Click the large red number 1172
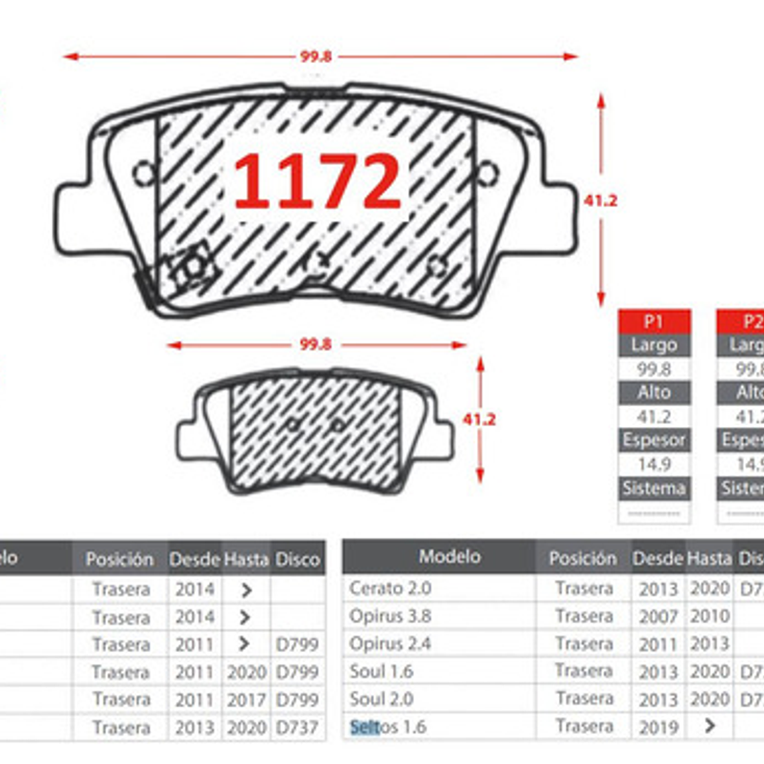317,181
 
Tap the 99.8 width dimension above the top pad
315,56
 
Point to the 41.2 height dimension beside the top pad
600,200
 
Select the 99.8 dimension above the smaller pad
315,344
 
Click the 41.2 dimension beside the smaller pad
479,420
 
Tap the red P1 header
653,322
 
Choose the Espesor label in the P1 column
653,440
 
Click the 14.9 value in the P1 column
653,464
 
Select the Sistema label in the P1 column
653,488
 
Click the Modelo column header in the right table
449,556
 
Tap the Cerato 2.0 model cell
390,588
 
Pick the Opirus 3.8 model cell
390,616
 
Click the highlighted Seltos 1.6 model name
388,726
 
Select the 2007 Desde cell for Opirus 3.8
657,617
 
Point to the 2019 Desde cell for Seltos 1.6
657,727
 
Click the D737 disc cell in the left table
297,727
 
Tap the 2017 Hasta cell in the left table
246,700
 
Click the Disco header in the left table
297,559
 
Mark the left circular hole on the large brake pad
144,174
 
